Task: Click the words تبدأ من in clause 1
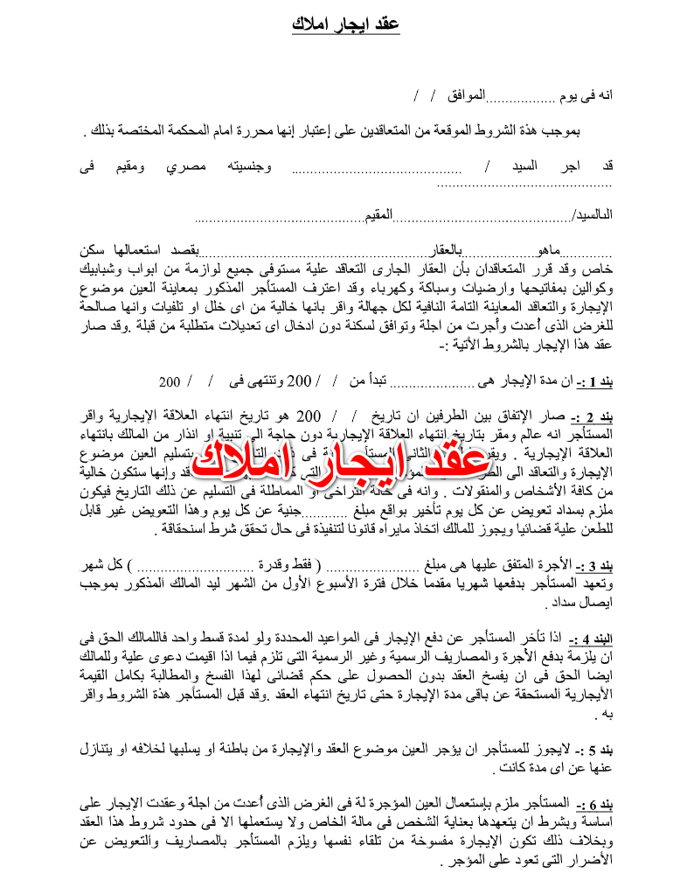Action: click(368, 357)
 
